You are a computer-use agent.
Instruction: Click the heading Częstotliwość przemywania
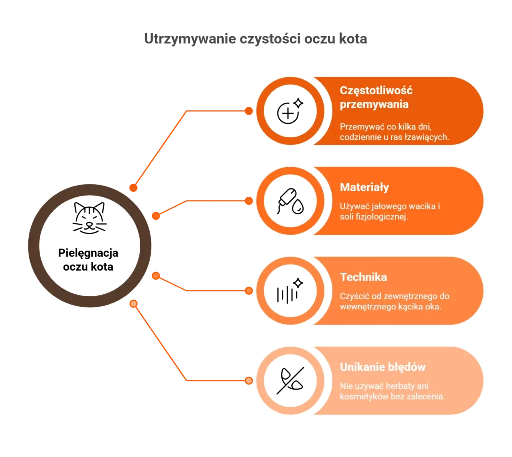click(x=376, y=97)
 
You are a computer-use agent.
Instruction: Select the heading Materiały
click(x=364, y=187)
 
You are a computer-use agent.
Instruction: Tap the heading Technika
click(x=363, y=277)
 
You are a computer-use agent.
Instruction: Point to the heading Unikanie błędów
click(x=382, y=367)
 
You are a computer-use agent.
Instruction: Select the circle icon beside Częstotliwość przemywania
click(x=290, y=111)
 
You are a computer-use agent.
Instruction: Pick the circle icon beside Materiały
click(x=290, y=201)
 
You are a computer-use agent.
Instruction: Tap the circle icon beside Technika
click(x=290, y=291)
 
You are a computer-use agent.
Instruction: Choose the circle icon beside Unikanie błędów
click(x=290, y=381)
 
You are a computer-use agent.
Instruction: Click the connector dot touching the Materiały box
click(x=249, y=201)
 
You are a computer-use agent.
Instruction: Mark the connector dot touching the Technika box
click(x=249, y=291)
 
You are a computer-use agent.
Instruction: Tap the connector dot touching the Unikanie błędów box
click(x=249, y=381)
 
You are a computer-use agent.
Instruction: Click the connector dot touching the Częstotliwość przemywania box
click(x=249, y=111)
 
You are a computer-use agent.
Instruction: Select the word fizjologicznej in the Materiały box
click(x=383, y=217)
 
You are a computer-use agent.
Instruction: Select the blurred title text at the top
click(x=255, y=38)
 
